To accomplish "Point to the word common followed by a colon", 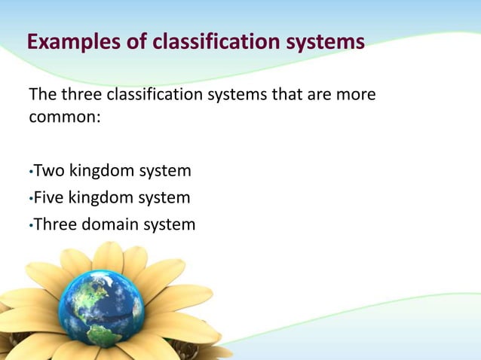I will pyautogui.click(x=62, y=118).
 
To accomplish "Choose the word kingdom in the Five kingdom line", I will pyautogui.click(x=102, y=198).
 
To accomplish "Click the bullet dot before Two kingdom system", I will pyautogui.click(x=30, y=173).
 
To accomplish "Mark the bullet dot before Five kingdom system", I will pyautogui.click(x=30, y=200).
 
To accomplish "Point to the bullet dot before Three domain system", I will pyautogui.click(x=30, y=225).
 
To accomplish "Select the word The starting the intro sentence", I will pyautogui.click(x=41, y=97).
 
